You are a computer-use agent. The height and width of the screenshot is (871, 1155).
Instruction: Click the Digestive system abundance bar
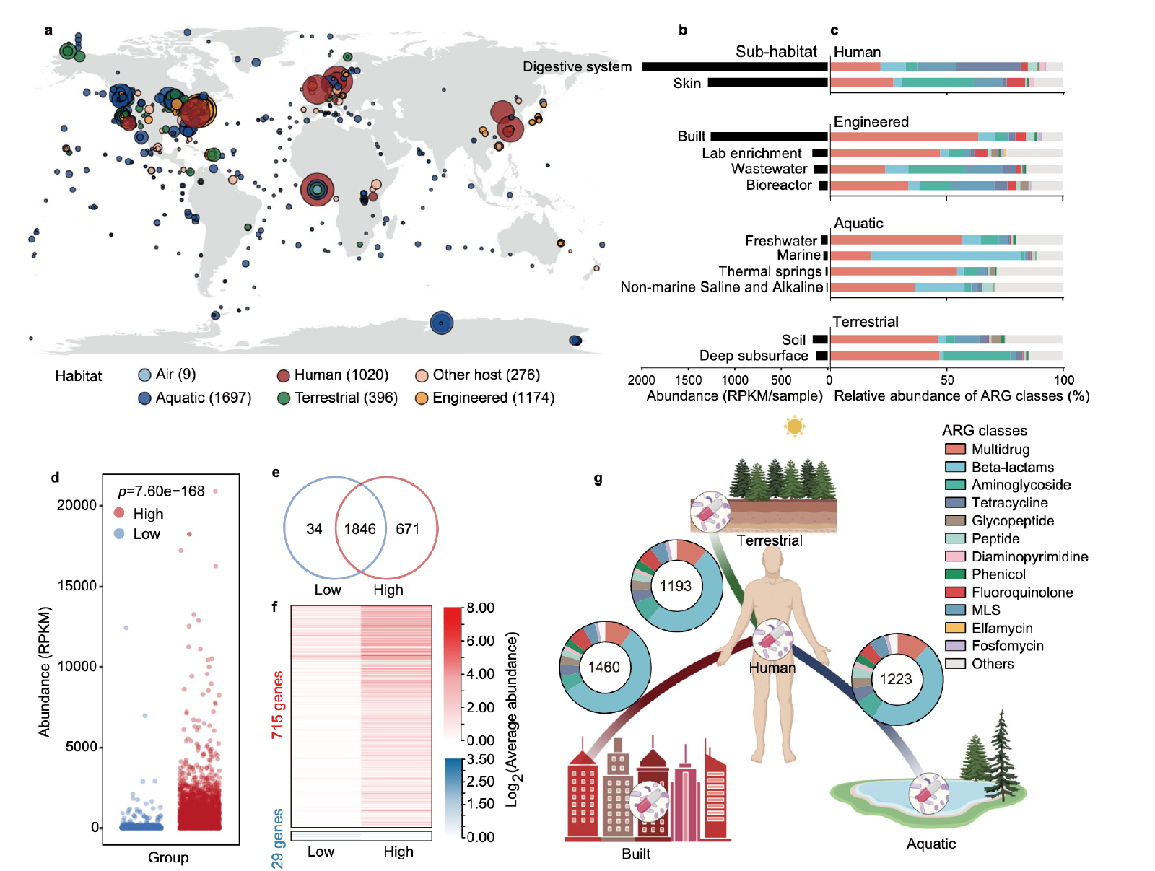(734, 66)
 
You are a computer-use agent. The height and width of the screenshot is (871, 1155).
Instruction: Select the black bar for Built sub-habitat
(769, 136)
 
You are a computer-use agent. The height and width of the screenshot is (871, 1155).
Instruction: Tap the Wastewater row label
(769, 169)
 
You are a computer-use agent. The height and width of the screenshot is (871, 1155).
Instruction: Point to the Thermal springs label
(770, 271)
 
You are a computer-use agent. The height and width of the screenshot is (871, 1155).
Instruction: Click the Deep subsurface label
(754, 356)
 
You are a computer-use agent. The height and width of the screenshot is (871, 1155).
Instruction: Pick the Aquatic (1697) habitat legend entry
(195, 398)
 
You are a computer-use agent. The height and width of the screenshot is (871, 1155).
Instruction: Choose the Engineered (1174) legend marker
(422, 398)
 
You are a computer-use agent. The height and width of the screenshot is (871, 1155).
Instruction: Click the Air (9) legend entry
(167, 375)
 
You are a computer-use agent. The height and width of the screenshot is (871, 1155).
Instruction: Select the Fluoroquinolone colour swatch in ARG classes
(955, 592)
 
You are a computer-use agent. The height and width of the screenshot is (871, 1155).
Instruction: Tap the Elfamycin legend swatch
(955, 628)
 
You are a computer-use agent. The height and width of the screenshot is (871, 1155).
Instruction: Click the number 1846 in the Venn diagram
(359, 529)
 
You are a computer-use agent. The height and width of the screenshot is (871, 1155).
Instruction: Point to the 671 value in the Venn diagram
(407, 529)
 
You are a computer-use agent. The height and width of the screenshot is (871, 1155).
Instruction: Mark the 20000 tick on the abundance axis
(77, 505)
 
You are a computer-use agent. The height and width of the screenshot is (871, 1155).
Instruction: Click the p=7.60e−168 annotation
(161, 491)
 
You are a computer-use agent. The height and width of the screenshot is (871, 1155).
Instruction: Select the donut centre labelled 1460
(604, 667)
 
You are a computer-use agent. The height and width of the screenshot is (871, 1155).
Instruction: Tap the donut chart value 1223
(895, 679)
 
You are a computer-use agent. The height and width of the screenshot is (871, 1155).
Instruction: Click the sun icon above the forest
(794, 426)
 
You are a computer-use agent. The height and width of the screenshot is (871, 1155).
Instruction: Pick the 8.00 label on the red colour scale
(480, 608)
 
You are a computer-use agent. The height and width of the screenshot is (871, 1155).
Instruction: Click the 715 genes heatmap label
(277, 704)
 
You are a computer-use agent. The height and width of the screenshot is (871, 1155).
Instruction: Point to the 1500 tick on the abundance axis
(688, 380)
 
